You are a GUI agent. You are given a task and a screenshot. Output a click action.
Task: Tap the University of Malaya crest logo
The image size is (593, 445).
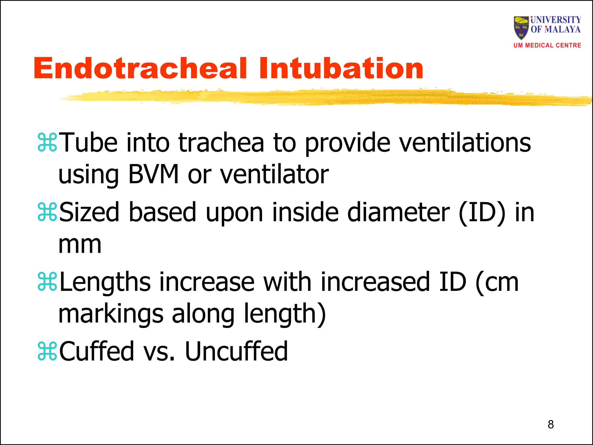[521, 28]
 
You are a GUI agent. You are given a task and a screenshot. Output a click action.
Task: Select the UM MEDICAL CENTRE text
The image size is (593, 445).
[547, 45]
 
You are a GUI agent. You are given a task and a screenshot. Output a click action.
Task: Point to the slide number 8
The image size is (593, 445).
[551, 424]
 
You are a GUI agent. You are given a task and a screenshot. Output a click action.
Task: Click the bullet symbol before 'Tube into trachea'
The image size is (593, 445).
[47, 142]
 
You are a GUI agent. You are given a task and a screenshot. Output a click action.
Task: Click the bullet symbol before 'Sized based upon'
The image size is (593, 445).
[47, 212]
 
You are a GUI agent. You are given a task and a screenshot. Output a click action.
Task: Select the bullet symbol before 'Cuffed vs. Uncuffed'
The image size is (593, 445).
[47, 352]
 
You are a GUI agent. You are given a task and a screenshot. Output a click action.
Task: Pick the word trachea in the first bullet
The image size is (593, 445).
[221, 142]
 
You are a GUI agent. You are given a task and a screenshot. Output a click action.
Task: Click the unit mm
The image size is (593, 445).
[80, 245]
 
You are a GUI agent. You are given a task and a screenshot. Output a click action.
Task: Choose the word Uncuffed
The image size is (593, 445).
[236, 351]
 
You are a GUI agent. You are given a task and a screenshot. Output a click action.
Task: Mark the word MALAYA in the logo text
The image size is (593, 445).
[563, 29]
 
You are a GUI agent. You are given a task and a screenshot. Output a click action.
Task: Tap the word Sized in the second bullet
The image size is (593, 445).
[89, 212]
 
